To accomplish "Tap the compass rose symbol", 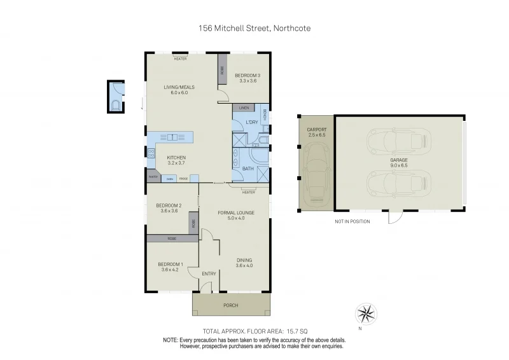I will click(366, 313).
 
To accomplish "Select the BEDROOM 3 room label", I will click(248, 76).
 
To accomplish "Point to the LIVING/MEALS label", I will click(179, 87).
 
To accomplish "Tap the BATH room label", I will click(248, 169).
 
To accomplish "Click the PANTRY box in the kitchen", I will click(153, 177).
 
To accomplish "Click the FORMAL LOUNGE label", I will click(231, 213).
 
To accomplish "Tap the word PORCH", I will click(230, 305).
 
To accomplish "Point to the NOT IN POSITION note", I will click(352, 221).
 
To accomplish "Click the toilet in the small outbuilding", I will click(115, 105).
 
